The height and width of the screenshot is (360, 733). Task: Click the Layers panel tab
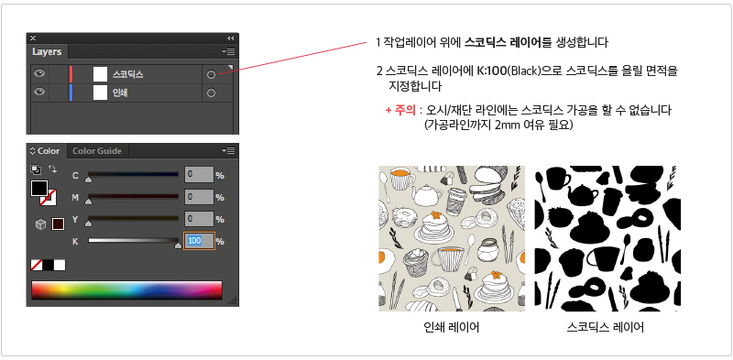coord(47,51)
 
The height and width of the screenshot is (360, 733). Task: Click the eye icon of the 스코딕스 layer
coord(39,73)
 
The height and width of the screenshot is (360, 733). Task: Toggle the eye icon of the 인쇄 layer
coord(39,93)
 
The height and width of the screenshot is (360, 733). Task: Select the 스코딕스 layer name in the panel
coord(127,74)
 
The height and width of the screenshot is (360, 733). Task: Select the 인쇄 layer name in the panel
coord(120,93)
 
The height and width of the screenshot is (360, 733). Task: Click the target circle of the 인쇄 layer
coord(211,93)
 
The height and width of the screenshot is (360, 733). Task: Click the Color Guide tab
coord(97,150)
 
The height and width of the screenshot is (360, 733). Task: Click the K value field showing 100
coord(199,241)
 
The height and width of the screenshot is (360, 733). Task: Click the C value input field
coord(199,174)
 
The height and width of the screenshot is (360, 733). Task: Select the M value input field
coord(199,197)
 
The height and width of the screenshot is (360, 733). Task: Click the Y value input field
coord(199,219)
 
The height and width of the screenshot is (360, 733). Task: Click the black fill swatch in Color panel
coord(39,188)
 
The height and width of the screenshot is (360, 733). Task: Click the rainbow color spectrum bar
coord(126,290)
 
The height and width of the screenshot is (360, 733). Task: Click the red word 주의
coord(404,111)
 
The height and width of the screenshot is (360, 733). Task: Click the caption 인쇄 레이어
coord(451,327)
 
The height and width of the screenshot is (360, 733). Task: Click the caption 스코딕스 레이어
coord(606,327)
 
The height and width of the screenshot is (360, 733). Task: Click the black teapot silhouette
coord(582,193)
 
